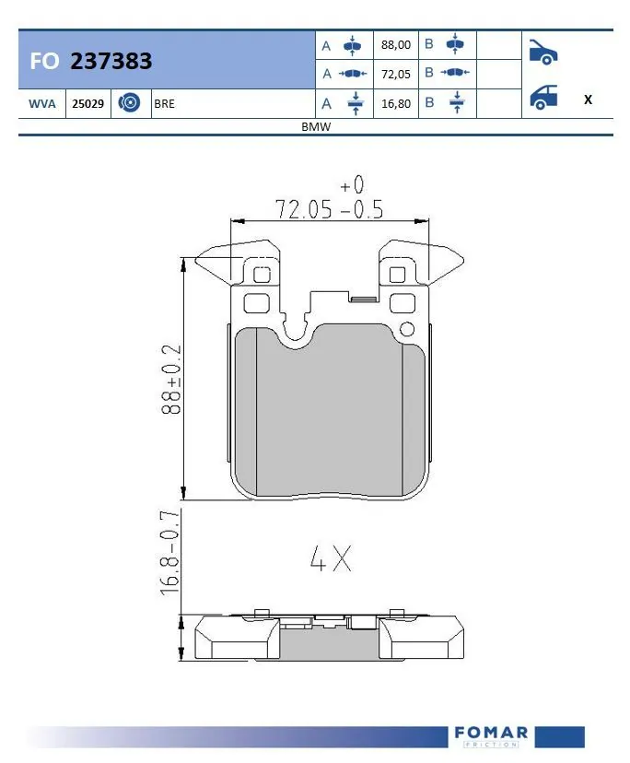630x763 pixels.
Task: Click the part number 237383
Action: pyautogui.click(x=111, y=61)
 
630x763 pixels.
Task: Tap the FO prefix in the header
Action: pyautogui.click(x=44, y=61)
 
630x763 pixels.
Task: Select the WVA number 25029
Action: pyautogui.click(x=87, y=104)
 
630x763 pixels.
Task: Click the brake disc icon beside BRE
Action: pyautogui.click(x=130, y=104)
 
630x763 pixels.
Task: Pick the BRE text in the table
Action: pyautogui.click(x=165, y=104)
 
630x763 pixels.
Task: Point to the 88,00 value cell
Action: pyautogui.click(x=395, y=44)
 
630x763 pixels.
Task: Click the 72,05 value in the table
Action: pyautogui.click(x=395, y=75)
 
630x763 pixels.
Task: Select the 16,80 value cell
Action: pyautogui.click(x=395, y=104)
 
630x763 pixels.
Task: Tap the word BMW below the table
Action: pyautogui.click(x=316, y=127)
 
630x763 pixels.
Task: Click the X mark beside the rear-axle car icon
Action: pyautogui.click(x=588, y=100)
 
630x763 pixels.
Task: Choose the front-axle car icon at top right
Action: pyautogui.click(x=542, y=52)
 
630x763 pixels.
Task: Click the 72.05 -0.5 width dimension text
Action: pyautogui.click(x=329, y=209)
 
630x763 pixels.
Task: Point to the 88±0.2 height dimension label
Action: pyautogui.click(x=171, y=380)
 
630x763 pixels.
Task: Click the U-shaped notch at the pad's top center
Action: pyautogui.click(x=296, y=330)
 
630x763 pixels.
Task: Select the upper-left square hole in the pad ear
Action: pyautogui.click(x=261, y=275)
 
